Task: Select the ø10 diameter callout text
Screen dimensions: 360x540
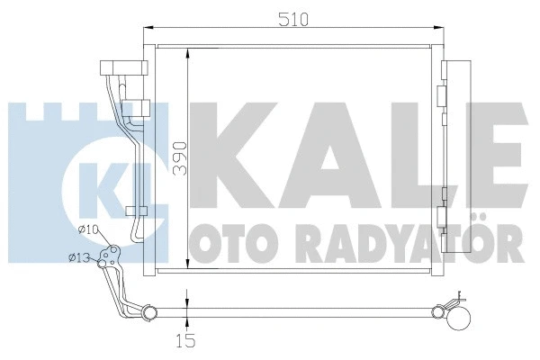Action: click(87, 230)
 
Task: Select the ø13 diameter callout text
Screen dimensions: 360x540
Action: click(78, 259)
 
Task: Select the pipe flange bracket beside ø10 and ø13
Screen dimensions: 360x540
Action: click(109, 257)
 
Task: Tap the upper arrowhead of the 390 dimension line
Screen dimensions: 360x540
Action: click(186, 49)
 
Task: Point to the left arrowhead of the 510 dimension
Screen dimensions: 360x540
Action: click(149, 31)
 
